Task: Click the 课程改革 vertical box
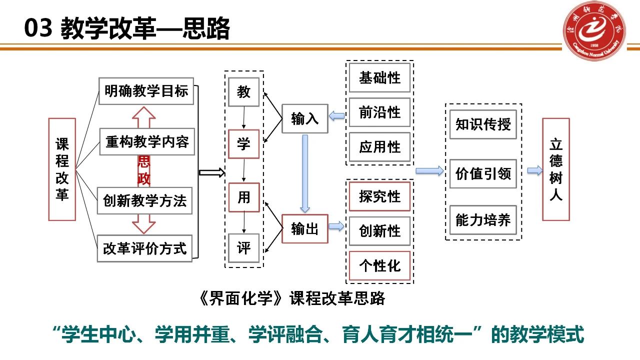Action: [x=62, y=169]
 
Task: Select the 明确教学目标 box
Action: [x=146, y=91]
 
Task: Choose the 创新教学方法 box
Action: [x=145, y=201]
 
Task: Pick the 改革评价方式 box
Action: [x=145, y=248]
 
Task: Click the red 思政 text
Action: [x=144, y=170]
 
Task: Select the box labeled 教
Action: [x=243, y=92]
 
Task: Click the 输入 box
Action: [x=304, y=119]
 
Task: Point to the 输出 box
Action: [x=304, y=229]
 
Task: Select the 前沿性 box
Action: [x=379, y=112]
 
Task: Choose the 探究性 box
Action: [x=379, y=196]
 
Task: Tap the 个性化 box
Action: [x=379, y=265]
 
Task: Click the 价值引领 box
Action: [x=482, y=173]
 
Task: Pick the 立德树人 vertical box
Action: [x=556, y=169]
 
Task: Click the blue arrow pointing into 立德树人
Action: [x=534, y=170]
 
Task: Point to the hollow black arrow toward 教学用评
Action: [x=212, y=173]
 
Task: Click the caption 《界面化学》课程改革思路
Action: [x=292, y=298]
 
